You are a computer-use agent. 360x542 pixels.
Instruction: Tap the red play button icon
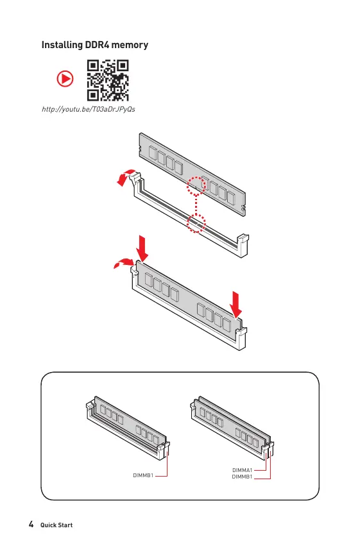(x=65, y=78)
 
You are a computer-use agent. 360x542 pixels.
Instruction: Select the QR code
(x=108, y=80)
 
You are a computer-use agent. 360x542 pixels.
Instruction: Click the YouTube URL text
(x=88, y=109)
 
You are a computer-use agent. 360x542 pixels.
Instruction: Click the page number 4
(x=31, y=524)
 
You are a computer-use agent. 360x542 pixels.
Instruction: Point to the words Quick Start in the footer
(x=56, y=525)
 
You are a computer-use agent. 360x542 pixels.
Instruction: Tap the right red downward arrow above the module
(x=236, y=304)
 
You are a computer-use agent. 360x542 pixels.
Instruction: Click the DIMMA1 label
(x=242, y=470)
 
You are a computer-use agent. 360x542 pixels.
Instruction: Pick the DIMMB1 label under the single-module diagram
(x=143, y=475)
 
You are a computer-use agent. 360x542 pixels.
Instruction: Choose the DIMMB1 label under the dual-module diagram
(x=242, y=477)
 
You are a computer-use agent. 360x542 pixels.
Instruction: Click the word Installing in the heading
(x=62, y=45)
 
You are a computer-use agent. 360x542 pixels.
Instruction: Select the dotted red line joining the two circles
(x=196, y=205)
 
